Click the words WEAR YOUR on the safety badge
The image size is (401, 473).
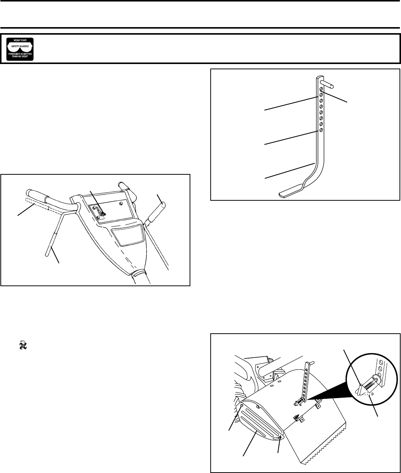(20, 40)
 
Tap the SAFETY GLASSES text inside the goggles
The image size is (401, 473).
(20, 46)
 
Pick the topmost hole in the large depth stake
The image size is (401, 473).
(321, 90)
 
